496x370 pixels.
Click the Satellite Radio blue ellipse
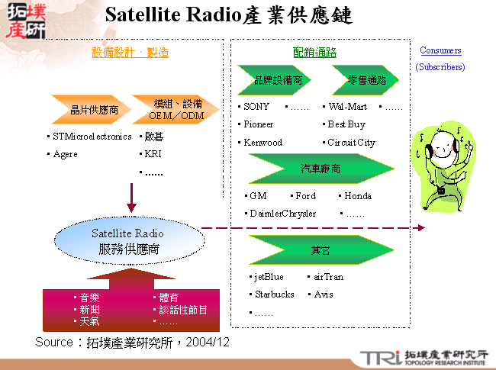127,240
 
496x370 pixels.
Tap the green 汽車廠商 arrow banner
320,169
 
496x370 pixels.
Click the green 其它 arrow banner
320,249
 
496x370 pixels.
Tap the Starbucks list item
274,294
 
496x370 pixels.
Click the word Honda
358,196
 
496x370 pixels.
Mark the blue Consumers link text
440,51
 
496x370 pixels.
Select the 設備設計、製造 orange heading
130,53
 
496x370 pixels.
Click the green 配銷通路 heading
314,53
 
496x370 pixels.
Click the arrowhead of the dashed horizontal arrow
420,227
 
